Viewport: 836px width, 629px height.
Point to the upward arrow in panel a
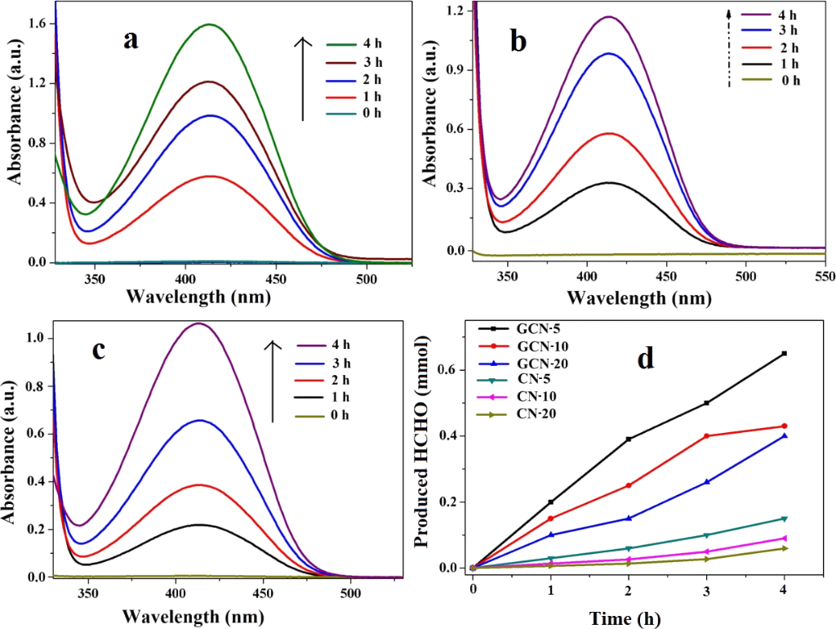pyautogui.click(x=302, y=78)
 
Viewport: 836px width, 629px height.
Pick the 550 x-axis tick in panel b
pyautogui.click(x=824, y=276)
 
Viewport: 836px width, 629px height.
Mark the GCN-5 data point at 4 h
pyautogui.click(x=785, y=353)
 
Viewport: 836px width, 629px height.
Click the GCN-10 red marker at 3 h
pyautogui.click(x=706, y=435)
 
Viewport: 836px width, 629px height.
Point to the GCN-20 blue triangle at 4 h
pyautogui.click(x=785, y=435)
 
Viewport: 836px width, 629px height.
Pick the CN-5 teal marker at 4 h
pyautogui.click(x=785, y=518)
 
